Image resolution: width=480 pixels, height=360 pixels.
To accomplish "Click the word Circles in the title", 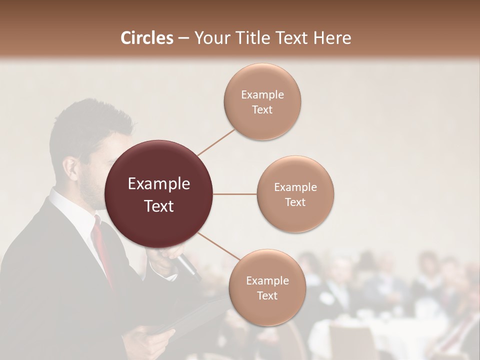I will click(x=146, y=38).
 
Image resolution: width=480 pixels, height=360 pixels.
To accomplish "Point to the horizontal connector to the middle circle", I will click(x=235, y=194).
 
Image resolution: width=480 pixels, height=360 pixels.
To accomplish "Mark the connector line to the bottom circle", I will click(x=218, y=245).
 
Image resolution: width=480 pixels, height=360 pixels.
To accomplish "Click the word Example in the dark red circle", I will click(x=159, y=184).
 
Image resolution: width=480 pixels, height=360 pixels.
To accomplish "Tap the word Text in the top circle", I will click(x=262, y=110).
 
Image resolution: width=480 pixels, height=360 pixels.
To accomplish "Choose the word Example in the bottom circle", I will click(x=267, y=281).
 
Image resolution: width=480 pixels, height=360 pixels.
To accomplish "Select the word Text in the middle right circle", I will click(x=295, y=202).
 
